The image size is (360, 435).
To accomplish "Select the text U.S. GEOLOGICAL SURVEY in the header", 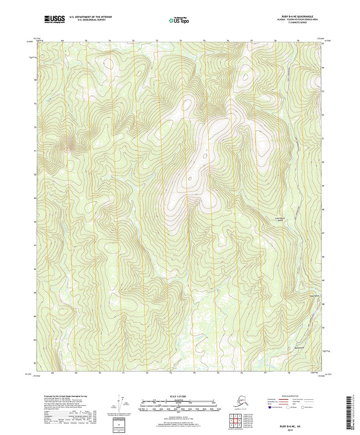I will [88, 20].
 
